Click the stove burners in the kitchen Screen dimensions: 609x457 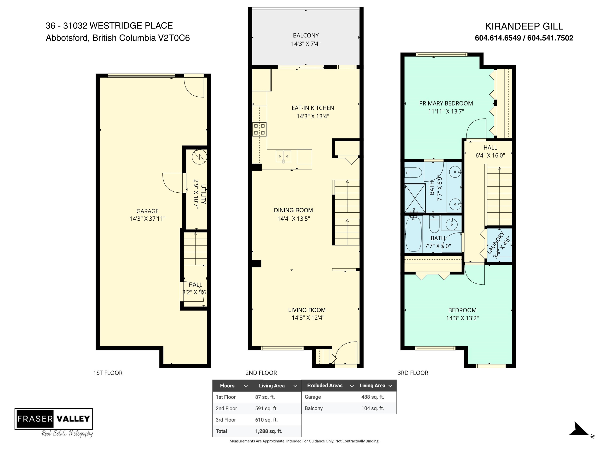(259, 130)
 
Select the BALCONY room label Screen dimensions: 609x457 (306, 36)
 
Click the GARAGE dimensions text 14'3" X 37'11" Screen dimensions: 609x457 (147, 219)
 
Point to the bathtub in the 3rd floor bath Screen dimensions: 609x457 (414, 234)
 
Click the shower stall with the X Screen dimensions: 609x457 (415, 198)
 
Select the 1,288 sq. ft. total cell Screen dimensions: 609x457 (269, 431)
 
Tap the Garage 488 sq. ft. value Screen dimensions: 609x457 (372, 397)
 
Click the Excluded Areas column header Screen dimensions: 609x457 (325, 386)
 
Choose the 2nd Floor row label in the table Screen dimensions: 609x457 (226, 409)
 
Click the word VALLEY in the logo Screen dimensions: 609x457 (73, 419)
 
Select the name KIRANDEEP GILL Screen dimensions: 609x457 (524, 26)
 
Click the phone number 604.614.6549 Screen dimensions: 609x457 (498, 38)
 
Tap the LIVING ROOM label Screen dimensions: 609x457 (307, 310)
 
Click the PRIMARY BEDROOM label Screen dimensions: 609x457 (446, 104)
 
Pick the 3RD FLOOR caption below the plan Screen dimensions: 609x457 (413, 373)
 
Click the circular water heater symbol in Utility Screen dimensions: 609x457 (199, 157)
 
